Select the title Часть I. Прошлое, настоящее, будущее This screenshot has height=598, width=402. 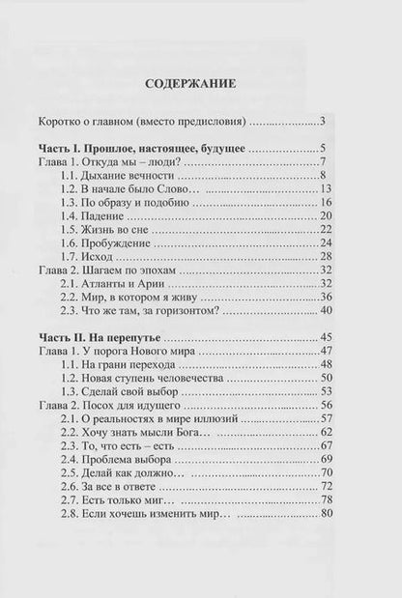[156, 148]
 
